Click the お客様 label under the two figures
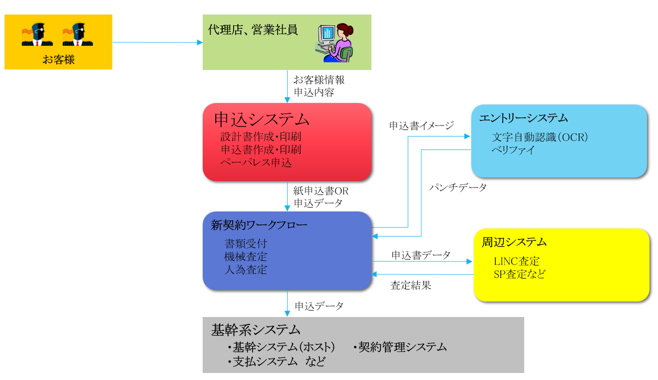pos(58,60)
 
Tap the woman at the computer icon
pos(335,42)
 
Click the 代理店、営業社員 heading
pos(253,30)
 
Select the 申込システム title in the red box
pos(262,119)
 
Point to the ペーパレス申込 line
pos(256,162)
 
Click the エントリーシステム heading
pos(523,118)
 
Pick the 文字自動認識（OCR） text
pos(540,137)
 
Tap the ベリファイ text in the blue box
pos(513,149)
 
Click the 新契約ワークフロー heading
pos(259,225)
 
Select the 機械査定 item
pos(246,257)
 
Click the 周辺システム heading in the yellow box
pos(514,242)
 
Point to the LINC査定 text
pos(516,261)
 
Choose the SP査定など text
pos(519,274)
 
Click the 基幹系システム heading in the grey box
pos(256,330)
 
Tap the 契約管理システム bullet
pos(402,347)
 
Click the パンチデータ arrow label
pos(458,187)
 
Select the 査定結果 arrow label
pos(410,285)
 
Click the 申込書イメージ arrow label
pos(421,125)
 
